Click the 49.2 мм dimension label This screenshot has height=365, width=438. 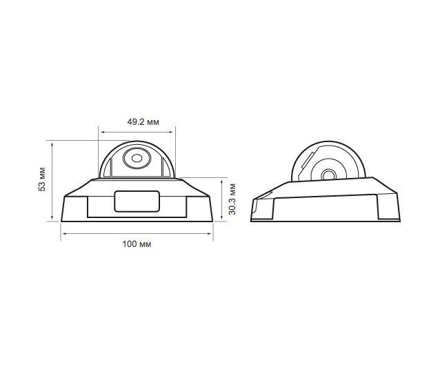(x=143, y=122)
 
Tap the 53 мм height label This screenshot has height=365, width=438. (x=42, y=179)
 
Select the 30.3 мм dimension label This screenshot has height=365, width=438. (x=232, y=199)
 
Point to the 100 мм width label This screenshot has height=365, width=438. (x=137, y=244)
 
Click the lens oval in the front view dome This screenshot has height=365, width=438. (x=137, y=158)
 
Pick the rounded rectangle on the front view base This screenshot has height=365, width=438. (x=137, y=201)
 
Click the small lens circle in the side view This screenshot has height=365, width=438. (x=329, y=175)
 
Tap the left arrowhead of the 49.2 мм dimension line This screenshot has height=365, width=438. (x=102, y=132)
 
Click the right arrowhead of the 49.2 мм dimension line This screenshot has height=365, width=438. (x=172, y=132)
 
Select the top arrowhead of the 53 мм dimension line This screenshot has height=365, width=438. (x=52, y=144)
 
